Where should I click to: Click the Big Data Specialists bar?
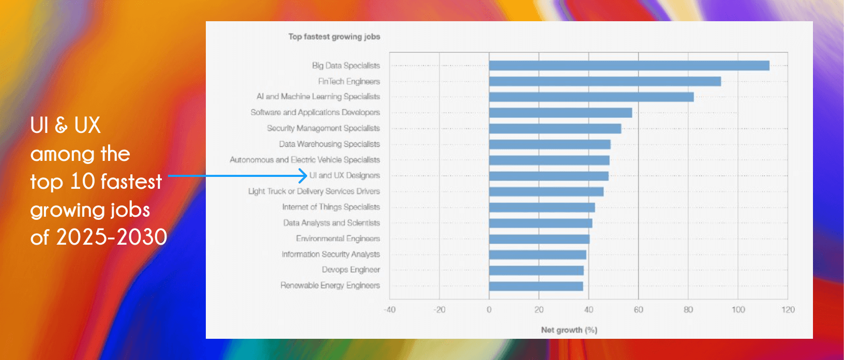point(629,66)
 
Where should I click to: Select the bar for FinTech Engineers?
point(605,81)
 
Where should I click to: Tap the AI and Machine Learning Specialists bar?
point(591,97)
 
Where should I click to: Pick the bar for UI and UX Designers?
point(549,176)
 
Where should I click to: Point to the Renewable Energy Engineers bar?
point(536,286)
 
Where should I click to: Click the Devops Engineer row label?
point(351,270)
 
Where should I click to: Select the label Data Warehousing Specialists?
point(329,144)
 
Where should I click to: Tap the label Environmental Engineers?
point(338,238)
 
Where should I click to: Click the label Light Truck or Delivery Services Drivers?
point(314,191)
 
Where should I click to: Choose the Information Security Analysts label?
point(330,254)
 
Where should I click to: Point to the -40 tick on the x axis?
point(389,310)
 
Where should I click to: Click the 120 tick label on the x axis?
point(788,310)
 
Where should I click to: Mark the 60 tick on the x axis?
point(638,310)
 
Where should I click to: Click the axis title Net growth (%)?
point(569,330)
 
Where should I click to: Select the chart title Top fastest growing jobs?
point(334,37)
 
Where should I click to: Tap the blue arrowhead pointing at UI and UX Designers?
point(304,176)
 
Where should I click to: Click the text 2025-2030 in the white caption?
point(111,237)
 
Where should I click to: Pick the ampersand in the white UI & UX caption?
point(61,126)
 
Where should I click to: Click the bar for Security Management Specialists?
point(555,129)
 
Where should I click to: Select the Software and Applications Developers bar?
point(560,113)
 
